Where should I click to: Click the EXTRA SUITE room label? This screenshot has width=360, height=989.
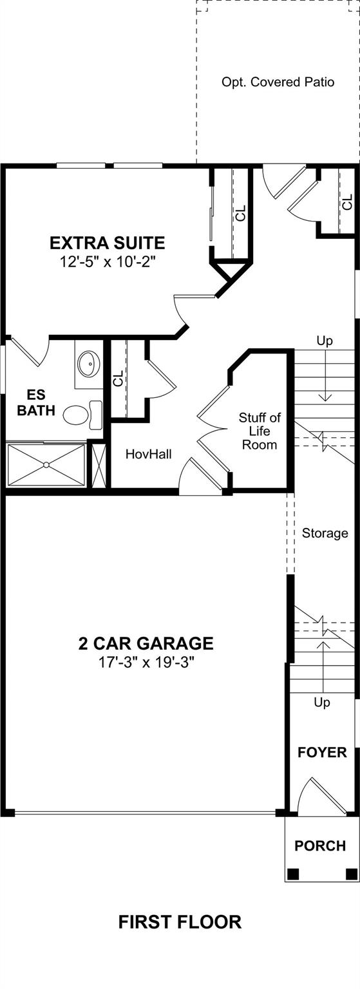(108, 243)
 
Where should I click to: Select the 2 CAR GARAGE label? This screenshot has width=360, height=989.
(146, 643)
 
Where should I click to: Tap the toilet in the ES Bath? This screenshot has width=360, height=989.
(82, 415)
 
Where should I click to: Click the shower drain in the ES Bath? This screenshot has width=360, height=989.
(46, 464)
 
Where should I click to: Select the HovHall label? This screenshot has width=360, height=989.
(148, 454)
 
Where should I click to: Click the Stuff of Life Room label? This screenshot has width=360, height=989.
(260, 431)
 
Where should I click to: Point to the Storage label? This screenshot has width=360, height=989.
(325, 533)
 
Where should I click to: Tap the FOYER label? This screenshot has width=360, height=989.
(322, 752)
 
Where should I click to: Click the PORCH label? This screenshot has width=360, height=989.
(320, 846)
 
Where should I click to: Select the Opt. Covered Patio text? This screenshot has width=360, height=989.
(278, 82)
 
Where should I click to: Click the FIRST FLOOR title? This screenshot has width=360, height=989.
(180, 922)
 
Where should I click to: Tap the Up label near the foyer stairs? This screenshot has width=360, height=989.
(321, 702)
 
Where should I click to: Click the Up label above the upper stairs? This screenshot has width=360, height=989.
(325, 341)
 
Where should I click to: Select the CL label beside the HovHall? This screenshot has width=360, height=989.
(118, 379)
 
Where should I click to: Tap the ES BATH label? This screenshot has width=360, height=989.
(36, 402)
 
